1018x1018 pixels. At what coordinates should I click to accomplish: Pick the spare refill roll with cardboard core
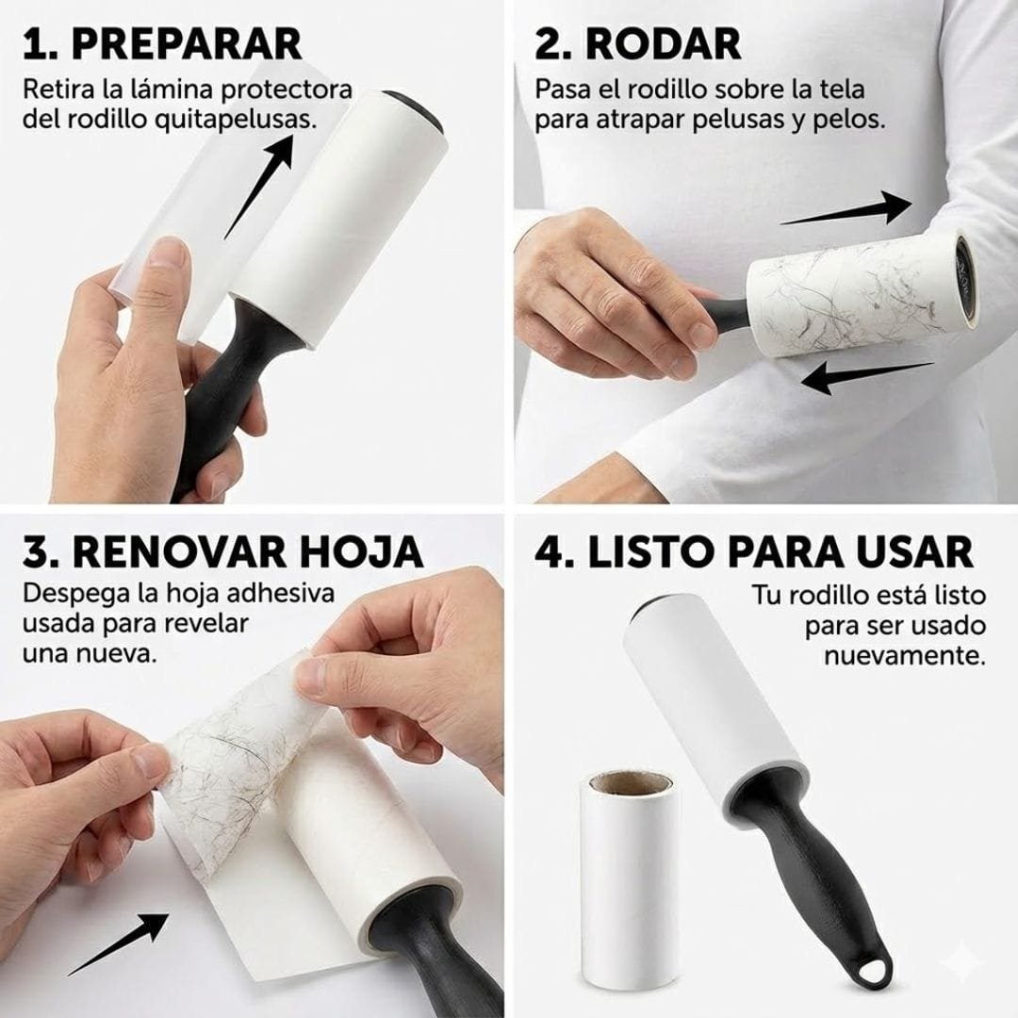(x=629, y=877)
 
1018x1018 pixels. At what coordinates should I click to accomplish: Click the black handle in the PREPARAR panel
(x=228, y=386)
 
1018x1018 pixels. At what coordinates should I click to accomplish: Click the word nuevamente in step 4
(x=905, y=654)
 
